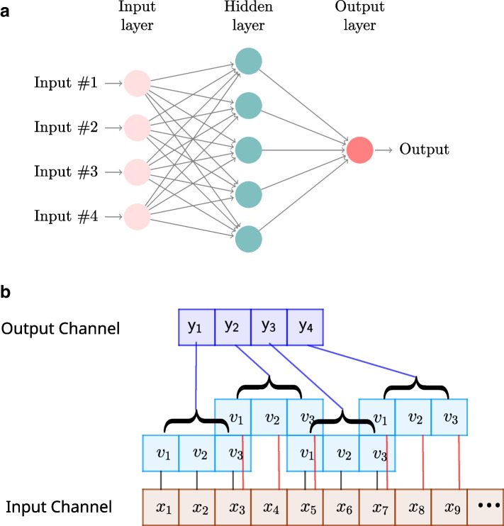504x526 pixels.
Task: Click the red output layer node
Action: tap(359, 149)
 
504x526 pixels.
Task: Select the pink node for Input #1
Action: tap(137, 84)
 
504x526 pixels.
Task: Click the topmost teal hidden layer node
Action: tap(248, 62)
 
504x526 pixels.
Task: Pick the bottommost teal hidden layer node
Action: tap(248, 237)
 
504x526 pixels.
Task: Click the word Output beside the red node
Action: tap(423, 149)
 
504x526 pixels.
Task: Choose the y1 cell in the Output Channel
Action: tap(196, 327)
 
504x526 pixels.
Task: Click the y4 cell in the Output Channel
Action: tap(305, 327)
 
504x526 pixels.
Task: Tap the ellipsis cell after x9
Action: tap(486, 507)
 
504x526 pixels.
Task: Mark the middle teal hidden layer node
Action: tap(248, 150)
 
